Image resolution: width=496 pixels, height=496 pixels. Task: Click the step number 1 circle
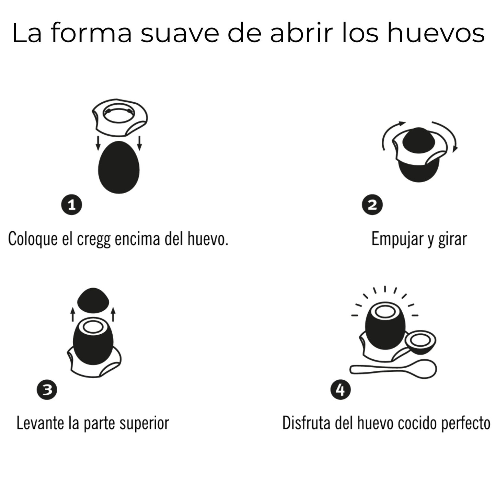71,205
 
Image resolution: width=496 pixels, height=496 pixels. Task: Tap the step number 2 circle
372,205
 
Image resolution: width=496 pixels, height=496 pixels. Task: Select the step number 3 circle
47,390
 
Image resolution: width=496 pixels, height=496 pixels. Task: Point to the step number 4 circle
340,390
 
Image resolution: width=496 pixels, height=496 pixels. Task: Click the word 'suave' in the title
179,33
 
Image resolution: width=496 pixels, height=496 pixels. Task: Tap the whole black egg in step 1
119,168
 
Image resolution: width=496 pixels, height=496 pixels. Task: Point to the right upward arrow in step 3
113,314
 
